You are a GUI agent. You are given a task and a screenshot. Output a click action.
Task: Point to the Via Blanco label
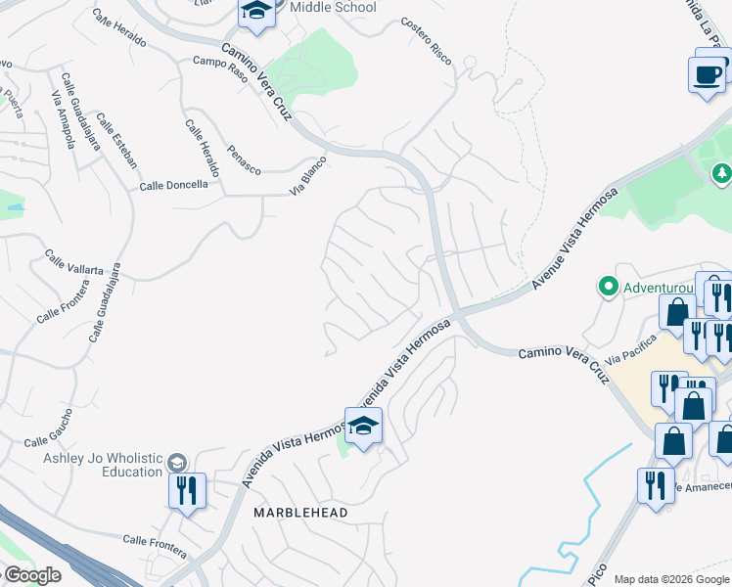[x=307, y=176]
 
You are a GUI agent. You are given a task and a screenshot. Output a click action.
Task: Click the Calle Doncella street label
[x=173, y=185]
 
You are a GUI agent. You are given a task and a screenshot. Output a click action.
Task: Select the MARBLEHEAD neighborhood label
[x=300, y=512]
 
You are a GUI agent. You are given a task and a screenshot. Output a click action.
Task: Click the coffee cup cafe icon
[x=707, y=74]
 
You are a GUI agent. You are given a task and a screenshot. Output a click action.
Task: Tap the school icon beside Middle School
[x=256, y=11]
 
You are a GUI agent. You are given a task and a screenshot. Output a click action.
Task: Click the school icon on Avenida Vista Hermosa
[x=363, y=426]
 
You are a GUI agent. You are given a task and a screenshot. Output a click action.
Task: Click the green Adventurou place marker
[x=608, y=288]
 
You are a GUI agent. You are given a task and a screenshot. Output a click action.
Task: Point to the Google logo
[x=31, y=576]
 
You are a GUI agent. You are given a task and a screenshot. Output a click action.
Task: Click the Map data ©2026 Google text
[x=672, y=579]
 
